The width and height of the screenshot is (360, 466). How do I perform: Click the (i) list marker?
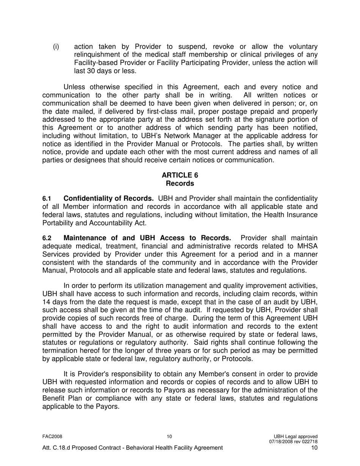tap(56, 47)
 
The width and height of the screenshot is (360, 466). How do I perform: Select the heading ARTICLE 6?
tap(180, 175)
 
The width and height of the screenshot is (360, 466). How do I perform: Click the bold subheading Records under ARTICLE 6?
tap(180, 183)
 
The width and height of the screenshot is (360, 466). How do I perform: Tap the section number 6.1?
tap(46, 199)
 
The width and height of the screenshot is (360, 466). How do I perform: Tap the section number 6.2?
tap(46, 238)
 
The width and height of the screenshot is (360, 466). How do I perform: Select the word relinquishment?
tap(100, 55)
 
